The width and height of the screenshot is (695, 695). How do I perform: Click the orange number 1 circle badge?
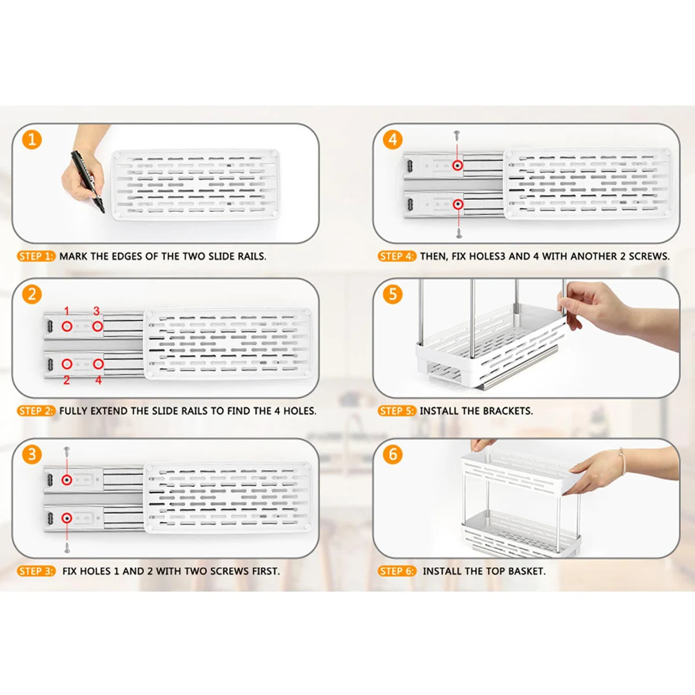pos(32,140)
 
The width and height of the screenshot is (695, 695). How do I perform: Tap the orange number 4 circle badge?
pos(393,140)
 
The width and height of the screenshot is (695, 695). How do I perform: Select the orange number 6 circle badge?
pos(393,455)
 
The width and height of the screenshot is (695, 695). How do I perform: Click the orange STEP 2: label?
pos(36,411)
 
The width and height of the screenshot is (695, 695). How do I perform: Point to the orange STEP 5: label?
pos(397,411)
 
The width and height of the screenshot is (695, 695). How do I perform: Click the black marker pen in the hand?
pos(87,181)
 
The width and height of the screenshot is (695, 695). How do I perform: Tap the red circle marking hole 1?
pos(67,327)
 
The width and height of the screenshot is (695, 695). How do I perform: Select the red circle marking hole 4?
pos(98,364)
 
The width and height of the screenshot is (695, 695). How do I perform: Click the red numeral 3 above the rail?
pos(96,311)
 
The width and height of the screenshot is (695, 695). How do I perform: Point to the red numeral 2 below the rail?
pos(67,380)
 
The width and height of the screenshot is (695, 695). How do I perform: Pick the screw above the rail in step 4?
pos(458,136)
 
